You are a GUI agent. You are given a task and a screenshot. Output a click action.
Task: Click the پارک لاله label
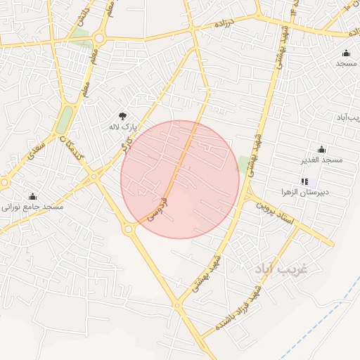(120, 127)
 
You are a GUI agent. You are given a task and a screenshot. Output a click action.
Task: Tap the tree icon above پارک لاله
(122, 116)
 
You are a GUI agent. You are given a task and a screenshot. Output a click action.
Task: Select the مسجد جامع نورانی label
(32, 207)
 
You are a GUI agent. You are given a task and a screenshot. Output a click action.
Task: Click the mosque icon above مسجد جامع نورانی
(32, 196)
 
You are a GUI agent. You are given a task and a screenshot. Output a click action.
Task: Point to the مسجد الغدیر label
(322, 160)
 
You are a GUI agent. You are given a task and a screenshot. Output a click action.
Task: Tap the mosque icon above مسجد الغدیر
(322, 149)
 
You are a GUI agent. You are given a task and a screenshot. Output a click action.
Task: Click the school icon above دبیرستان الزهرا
(304, 181)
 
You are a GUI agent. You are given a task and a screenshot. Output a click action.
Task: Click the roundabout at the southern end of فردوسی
(129, 229)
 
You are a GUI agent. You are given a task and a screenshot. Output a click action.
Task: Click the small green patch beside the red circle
(244, 164)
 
